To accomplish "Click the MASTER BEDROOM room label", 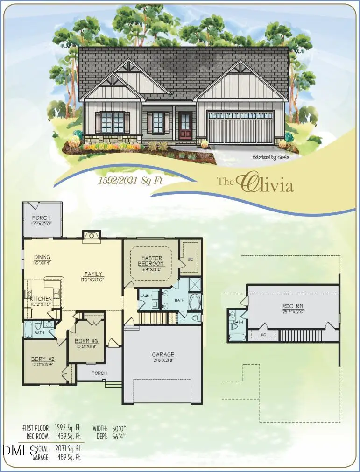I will tap(152, 261).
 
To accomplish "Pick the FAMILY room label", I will tap(93, 274).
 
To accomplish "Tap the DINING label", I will tap(42, 257).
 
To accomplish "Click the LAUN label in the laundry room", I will tap(144, 296).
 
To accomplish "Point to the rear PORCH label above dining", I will tap(42, 218).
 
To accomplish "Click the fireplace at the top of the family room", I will tap(92, 236).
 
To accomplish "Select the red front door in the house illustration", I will tap(185, 127).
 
